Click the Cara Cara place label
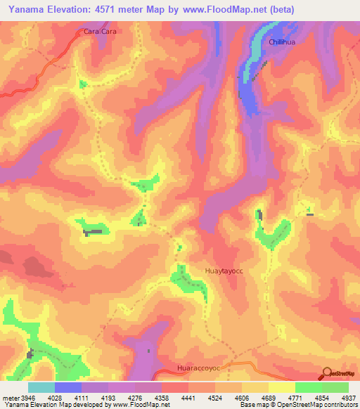tap(98, 32)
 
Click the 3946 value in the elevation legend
tap(26, 398)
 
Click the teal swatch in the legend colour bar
tap(41, 387)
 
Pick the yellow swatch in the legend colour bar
tap(281, 387)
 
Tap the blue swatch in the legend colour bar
tap(68, 387)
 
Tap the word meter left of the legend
tap(8, 398)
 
